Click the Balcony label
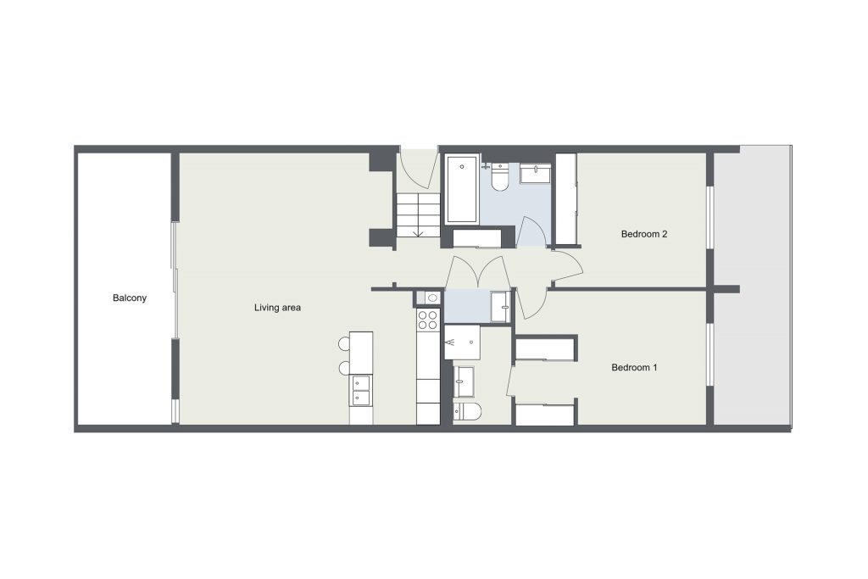pyautogui.click(x=130, y=298)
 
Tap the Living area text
pyautogui.click(x=277, y=308)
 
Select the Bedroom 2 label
pyautogui.click(x=644, y=234)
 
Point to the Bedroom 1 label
pyautogui.click(x=634, y=368)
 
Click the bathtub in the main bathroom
pyautogui.click(x=462, y=189)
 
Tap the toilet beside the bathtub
pyautogui.click(x=500, y=176)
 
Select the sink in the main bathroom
pyautogui.click(x=536, y=174)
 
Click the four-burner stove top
pyautogui.click(x=427, y=320)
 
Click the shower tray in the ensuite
pyautogui.click(x=462, y=342)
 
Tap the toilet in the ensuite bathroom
pyautogui.click(x=467, y=410)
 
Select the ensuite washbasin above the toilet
pyautogui.click(x=464, y=381)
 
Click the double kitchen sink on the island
pyautogui.click(x=361, y=390)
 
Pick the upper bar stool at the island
pyautogui.click(x=344, y=343)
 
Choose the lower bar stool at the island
pyautogui.click(x=344, y=368)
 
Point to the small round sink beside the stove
pyautogui.click(x=432, y=298)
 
